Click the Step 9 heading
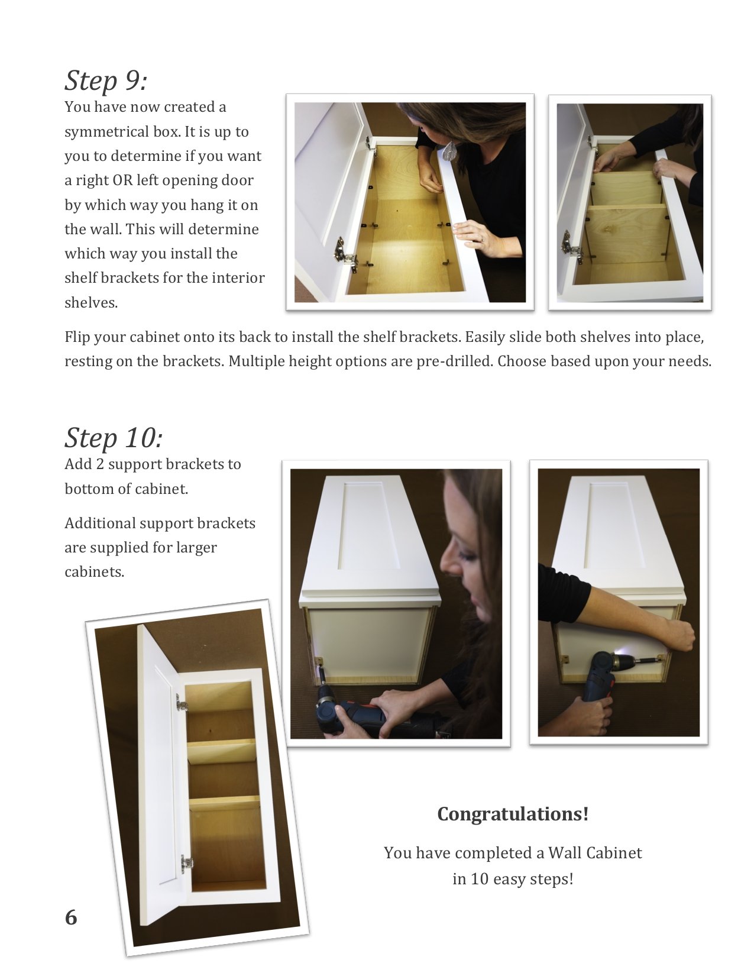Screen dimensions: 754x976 (x=106, y=81)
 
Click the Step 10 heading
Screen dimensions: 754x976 (x=114, y=438)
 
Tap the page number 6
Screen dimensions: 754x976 (x=71, y=917)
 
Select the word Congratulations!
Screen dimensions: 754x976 (x=513, y=814)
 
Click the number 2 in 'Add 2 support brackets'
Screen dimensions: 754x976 (x=100, y=464)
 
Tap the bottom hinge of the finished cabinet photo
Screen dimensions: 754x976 (x=187, y=863)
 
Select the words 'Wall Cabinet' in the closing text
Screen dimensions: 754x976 (x=595, y=852)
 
